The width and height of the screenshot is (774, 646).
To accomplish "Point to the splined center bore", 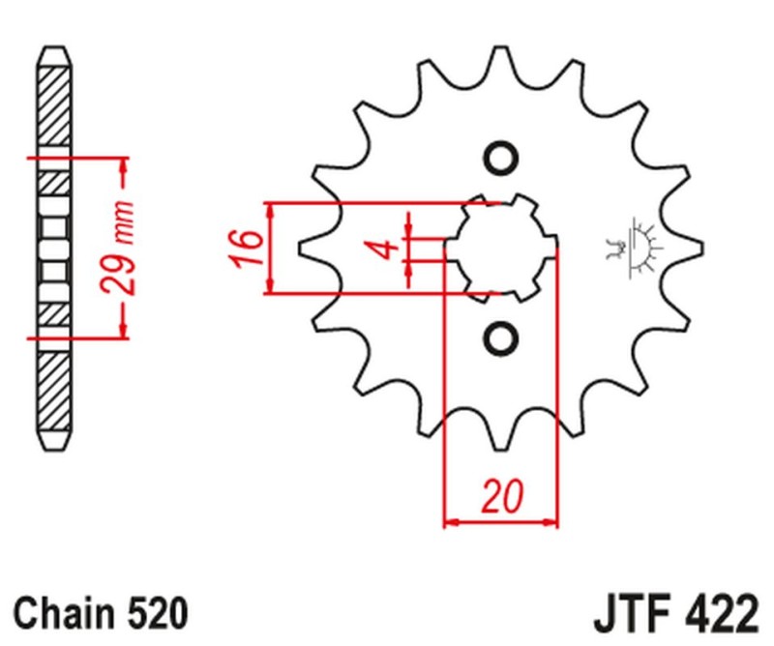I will pyautogui.click(x=501, y=248).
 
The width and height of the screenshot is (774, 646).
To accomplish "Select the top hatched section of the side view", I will pyautogui.click(x=55, y=104).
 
